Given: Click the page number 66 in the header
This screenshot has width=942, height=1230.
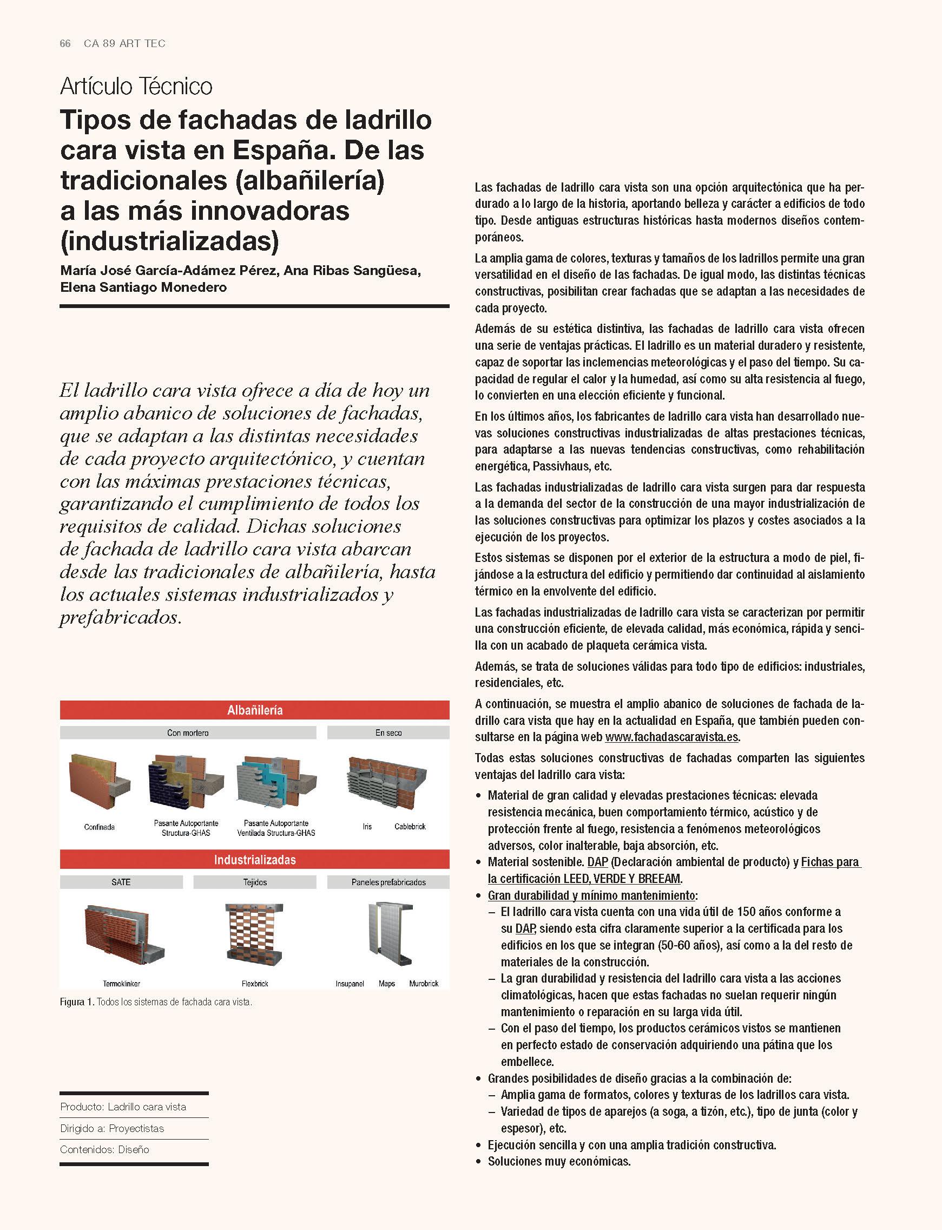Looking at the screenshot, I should (x=65, y=44).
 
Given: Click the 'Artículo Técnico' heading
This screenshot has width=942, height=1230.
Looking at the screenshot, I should (x=136, y=87).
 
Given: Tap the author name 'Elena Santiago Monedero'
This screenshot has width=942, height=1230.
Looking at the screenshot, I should (x=143, y=287).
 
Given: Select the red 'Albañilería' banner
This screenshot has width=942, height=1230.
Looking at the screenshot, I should (x=254, y=710).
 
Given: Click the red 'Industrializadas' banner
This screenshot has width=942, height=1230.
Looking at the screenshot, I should (x=254, y=859).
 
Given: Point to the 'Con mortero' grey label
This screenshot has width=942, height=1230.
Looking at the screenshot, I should (x=188, y=732).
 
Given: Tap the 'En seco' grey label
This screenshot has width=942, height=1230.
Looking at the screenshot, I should (x=388, y=732).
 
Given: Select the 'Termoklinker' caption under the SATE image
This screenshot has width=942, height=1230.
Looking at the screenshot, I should (x=121, y=983).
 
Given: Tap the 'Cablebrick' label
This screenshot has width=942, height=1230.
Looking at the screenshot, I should (x=410, y=826).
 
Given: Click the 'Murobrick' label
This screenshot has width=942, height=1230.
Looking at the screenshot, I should (x=423, y=983).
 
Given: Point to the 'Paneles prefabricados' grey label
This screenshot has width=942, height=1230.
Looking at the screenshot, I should (x=388, y=882).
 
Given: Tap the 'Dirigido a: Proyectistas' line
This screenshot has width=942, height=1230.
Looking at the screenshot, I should (x=112, y=1128).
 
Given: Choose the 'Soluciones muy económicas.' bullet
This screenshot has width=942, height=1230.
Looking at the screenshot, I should (x=559, y=1161).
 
